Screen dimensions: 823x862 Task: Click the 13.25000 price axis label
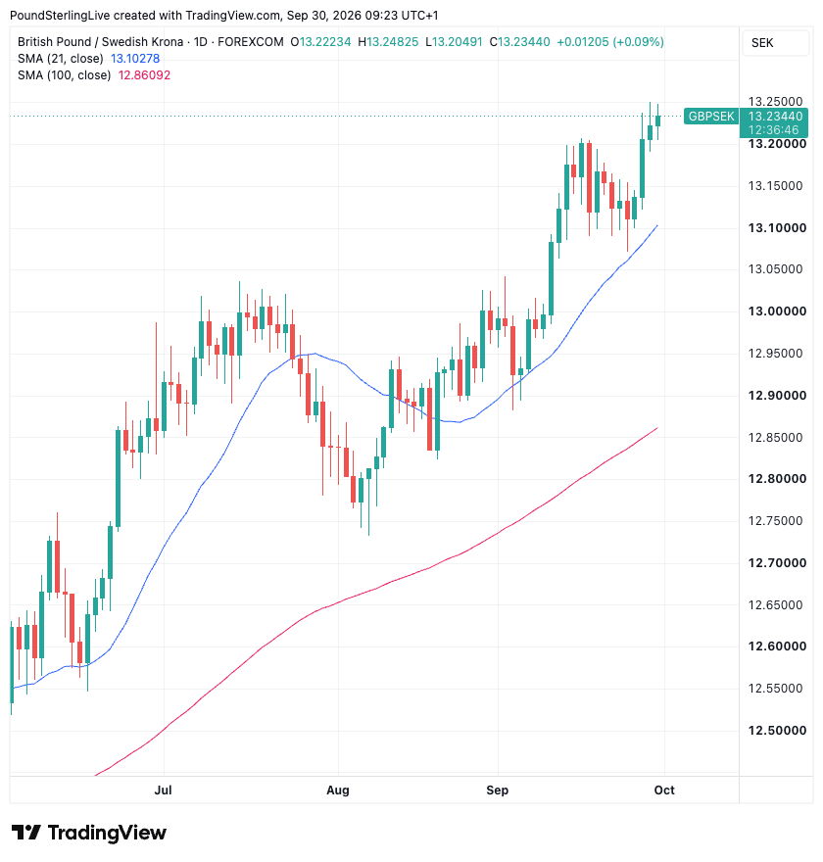pyautogui.click(x=775, y=102)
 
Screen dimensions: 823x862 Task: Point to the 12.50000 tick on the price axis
pyautogui.click(x=777, y=731)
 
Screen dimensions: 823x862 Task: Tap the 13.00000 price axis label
pyautogui.click(x=777, y=311)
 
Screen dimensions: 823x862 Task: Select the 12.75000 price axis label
pyautogui.click(x=775, y=520)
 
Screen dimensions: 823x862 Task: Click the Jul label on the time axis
pyautogui.click(x=164, y=790)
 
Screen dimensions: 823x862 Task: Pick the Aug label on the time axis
pyautogui.click(x=338, y=790)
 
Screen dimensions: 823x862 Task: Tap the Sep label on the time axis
pyautogui.click(x=497, y=790)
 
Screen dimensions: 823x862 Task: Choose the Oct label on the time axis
pyautogui.click(x=664, y=790)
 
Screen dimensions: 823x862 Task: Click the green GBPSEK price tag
pyautogui.click(x=711, y=117)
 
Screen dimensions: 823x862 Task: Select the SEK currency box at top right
pyautogui.click(x=776, y=43)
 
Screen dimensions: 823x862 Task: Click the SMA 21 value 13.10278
pyautogui.click(x=135, y=58)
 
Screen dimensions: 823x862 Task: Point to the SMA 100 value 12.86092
pyautogui.click(x=145, y=75)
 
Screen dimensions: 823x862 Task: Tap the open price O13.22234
pyautogui.click(x=320, y=42)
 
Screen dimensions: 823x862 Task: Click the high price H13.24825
pyautogui.click(x=388, y=42)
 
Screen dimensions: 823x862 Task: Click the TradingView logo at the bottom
pyautogui.click(x=88, y=833)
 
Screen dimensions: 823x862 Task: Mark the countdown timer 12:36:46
pyautogui.click(x=773, y=130)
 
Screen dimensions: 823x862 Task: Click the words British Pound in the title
pyautogui.click(x=55, y=42)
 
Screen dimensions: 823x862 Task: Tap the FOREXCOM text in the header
pyautogui.click(x=251, y=42)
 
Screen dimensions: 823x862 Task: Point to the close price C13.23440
pyautogui.click(x=519, y=42)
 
